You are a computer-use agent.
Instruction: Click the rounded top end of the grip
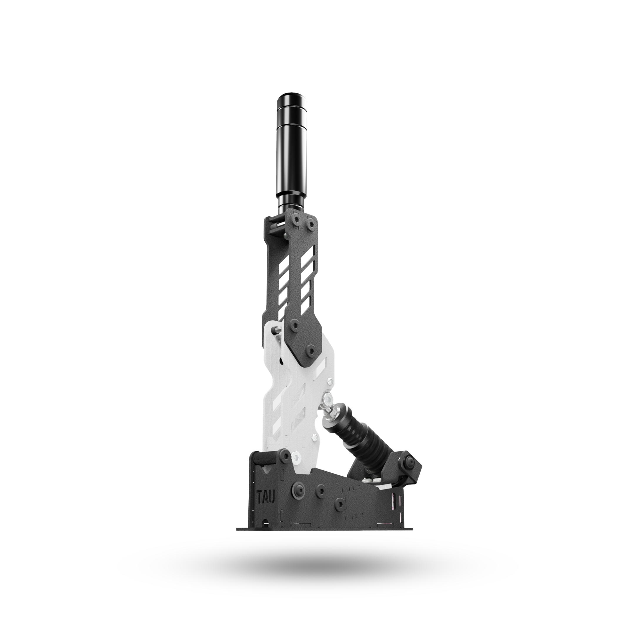tap(292, 98)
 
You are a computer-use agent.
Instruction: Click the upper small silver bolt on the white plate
tap(329, 382)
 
